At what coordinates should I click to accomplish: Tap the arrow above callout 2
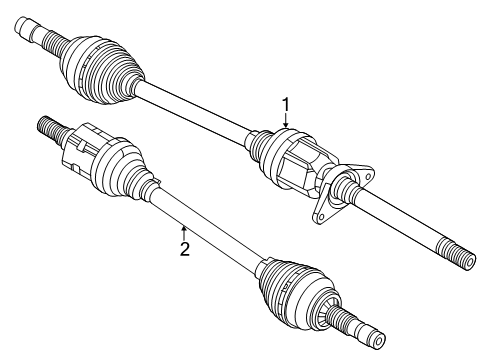coord(183,231)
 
